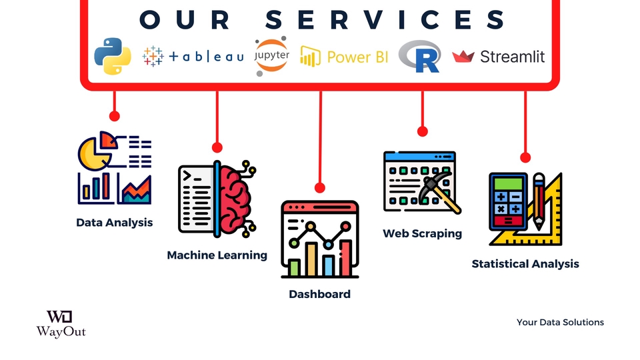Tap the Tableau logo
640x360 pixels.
pyautogui.click(x=193, y=57)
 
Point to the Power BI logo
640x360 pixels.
pyautogui.click(x=344, y=57)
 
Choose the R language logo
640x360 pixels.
pyautogui.click(x=420, y=56)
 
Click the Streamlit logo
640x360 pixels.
pyautogui.click(x=499, y=57)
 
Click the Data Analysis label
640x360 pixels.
pyautogui.click(x=114, y=223)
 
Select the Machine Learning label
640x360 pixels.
pyautogui.click(x=217, y=255)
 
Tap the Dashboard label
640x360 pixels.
pyautogui.click(x=319, y=294)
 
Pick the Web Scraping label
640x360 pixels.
pyautogui.click(x=422, y=233)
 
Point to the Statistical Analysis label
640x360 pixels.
pyautogui.click(x=525, y=264)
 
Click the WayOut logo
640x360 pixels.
pyautogui.click(x=61, y=323)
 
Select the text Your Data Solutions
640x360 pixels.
pyautogui.click(x=560, y=322)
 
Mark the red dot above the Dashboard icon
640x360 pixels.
pyautogui.click(x=319, y=188)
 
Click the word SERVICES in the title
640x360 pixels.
pyautogui.click(x=385, y=19)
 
